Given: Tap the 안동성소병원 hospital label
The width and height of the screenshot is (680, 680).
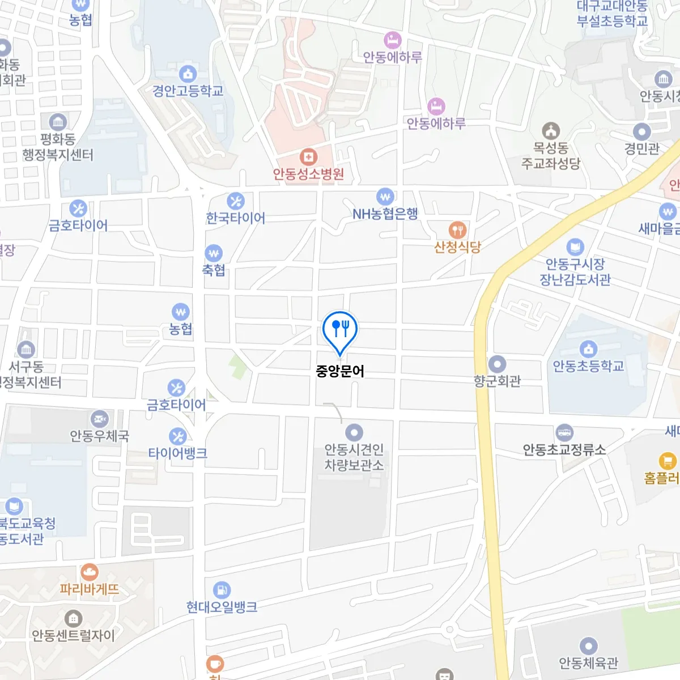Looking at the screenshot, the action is click(308, 174).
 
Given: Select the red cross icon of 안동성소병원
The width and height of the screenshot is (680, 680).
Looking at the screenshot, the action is click(308, 156).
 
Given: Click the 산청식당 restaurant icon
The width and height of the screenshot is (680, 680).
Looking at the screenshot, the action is click(457, 230).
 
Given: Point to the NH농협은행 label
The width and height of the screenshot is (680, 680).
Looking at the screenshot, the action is click(385, 214).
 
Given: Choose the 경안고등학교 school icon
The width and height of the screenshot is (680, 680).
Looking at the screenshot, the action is click(188, 74).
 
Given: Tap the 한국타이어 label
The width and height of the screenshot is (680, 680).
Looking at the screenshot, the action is click(235, 218).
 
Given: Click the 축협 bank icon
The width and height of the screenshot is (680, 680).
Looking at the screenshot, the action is click(214, 253).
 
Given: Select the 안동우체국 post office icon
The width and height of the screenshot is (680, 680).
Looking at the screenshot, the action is click(100, 419).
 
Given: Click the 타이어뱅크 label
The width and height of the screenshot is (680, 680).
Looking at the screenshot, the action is click(177, 453).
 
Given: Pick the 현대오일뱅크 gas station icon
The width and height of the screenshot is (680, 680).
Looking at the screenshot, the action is click(222, 590).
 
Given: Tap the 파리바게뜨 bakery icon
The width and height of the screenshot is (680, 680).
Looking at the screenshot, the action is click(90, 572).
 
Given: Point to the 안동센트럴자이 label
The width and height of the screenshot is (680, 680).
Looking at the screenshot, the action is click(73, 636).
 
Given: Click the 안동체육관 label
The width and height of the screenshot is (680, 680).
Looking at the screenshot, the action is click(588, 662).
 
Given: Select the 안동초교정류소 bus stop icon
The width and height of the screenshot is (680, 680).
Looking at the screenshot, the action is click(564, 433).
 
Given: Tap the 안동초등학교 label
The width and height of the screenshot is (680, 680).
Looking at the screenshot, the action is click(588, 367).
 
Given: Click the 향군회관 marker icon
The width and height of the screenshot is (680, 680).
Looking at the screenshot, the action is click(497, 364).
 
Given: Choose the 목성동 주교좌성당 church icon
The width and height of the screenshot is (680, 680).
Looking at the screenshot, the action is click(551, 131).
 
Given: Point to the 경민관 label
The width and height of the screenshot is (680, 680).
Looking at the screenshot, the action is click(641, 149).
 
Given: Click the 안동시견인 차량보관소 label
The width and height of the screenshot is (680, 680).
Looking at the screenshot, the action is click(354, 457).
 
